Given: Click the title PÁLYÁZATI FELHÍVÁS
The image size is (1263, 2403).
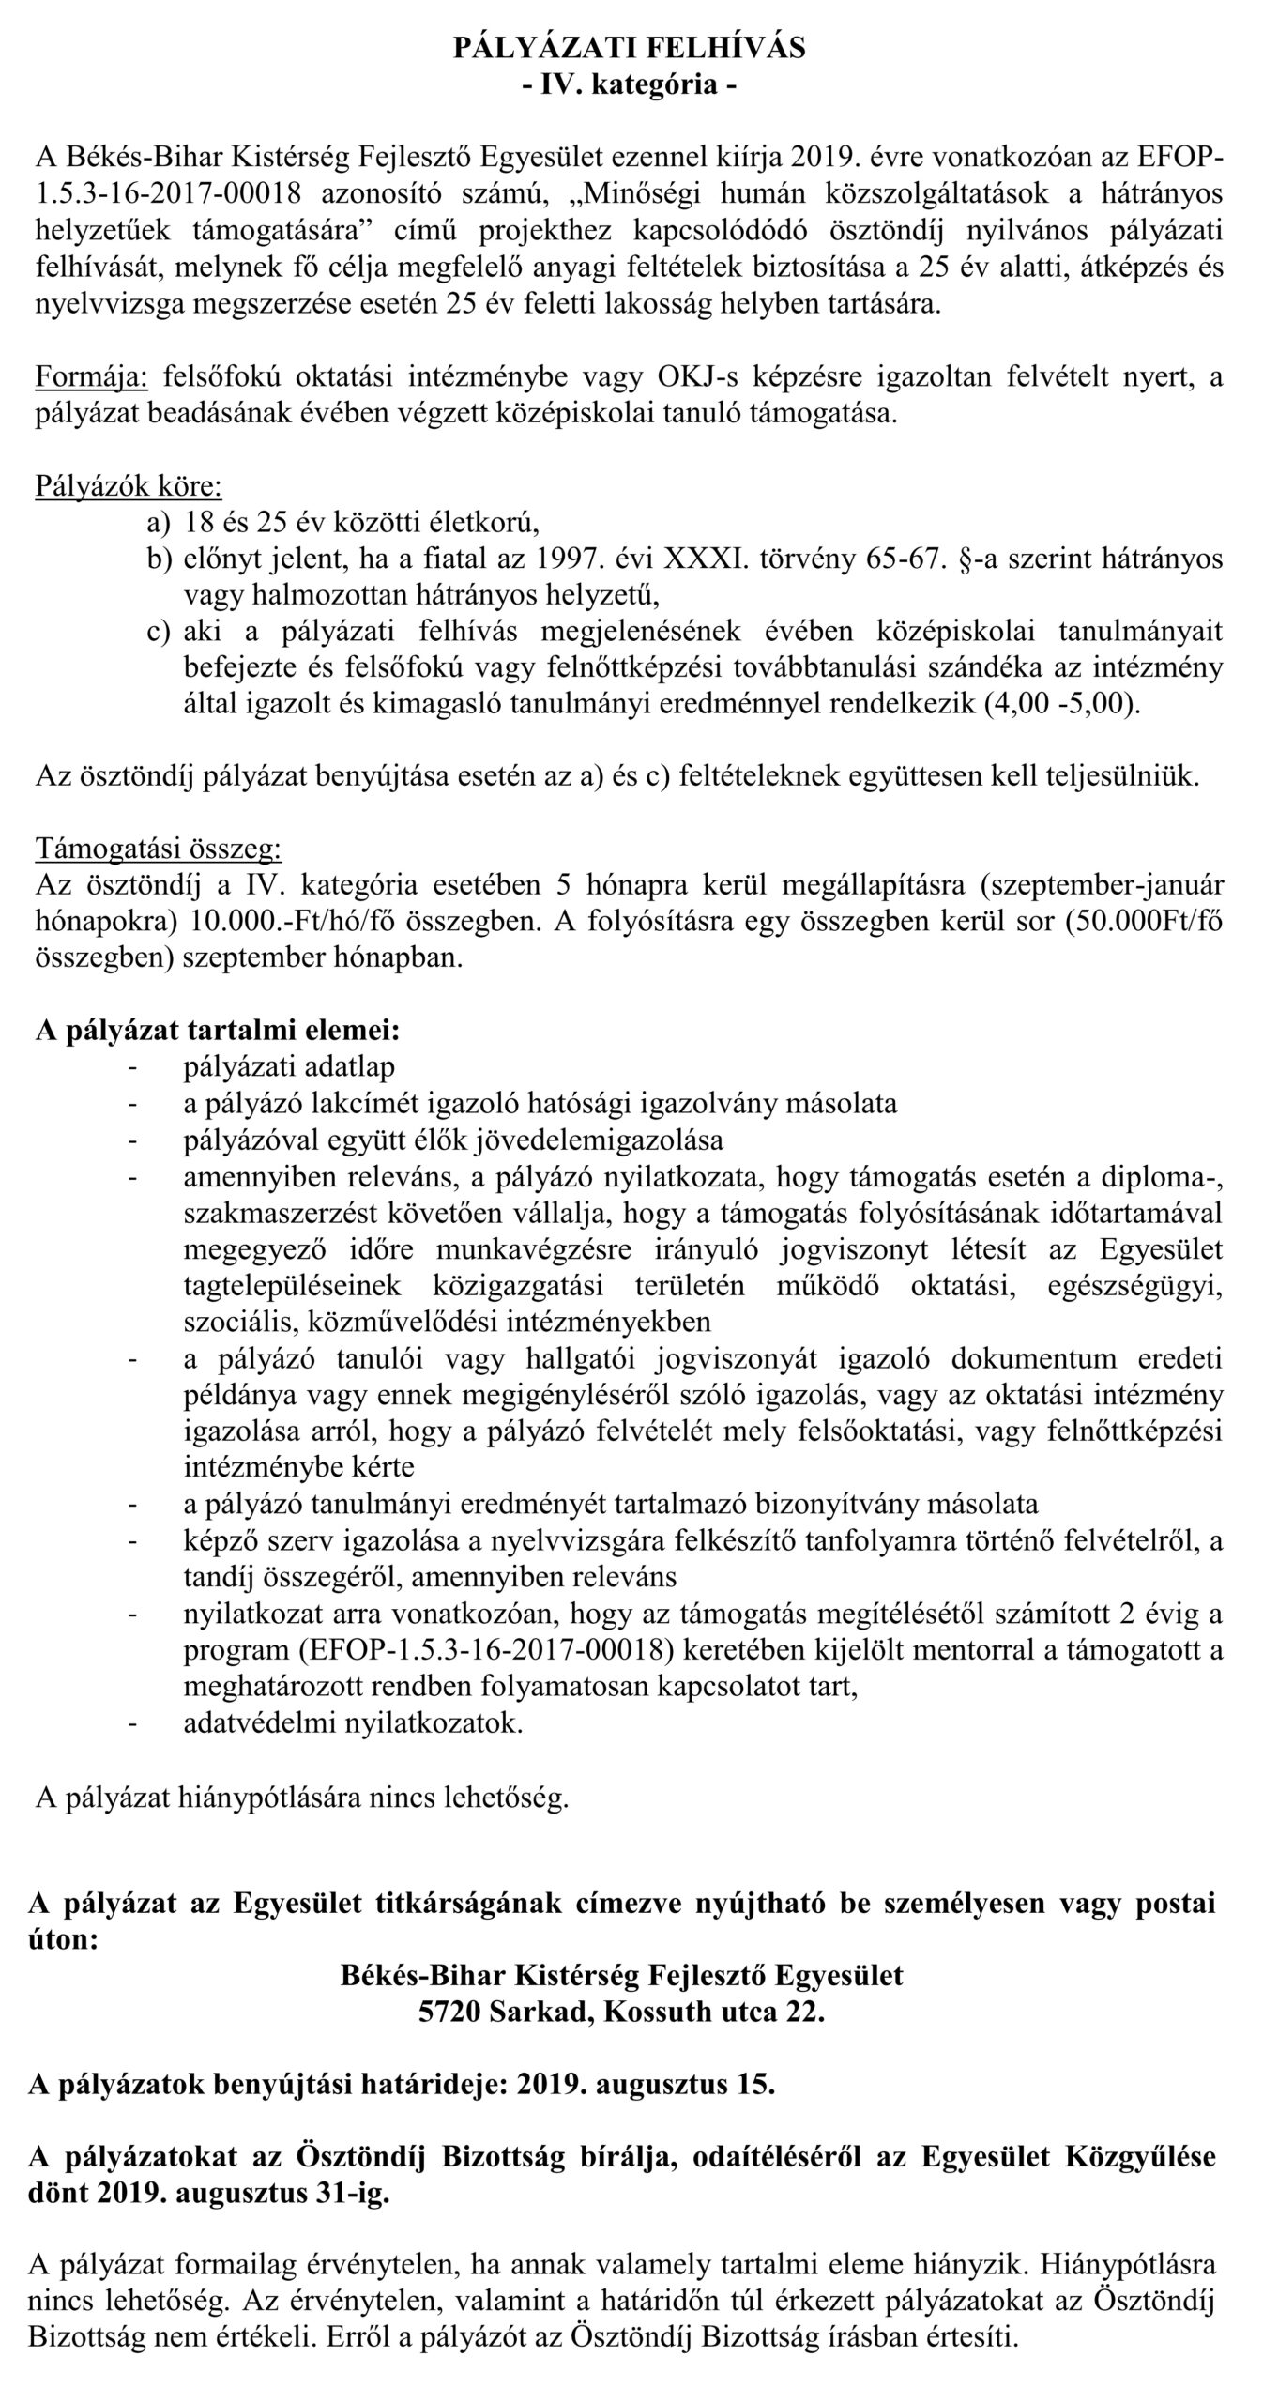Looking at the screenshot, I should [x=630, y=48].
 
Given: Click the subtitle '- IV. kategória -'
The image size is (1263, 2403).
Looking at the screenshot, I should [x=630, y=85].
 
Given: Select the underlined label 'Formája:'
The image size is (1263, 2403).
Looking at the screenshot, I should [x=91, y=378].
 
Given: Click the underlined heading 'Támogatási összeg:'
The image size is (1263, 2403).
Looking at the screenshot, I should [x=158, y=849].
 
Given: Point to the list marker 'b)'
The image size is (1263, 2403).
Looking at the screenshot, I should [x=160, y=559].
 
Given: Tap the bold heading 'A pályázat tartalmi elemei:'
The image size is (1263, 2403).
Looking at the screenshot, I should [x=218, y=1030].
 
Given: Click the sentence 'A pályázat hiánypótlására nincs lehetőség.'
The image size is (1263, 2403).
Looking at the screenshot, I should [x=301, y=1798].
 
